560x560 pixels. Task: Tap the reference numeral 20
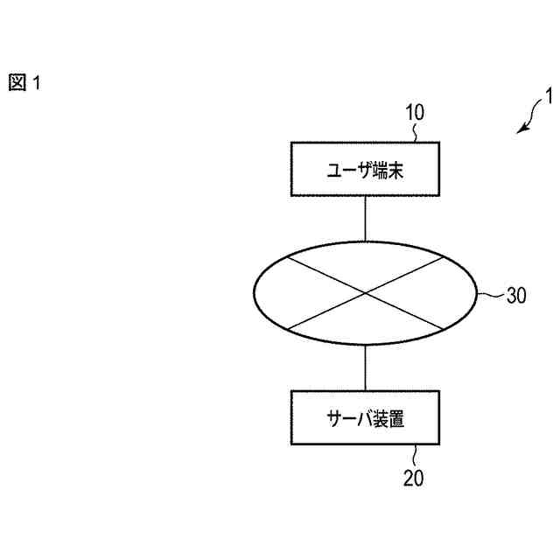414,478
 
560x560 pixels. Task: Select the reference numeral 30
516,295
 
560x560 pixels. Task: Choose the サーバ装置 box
365,418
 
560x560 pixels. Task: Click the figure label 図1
24,83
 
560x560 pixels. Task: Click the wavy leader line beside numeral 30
491,295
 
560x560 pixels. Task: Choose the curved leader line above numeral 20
416,456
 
